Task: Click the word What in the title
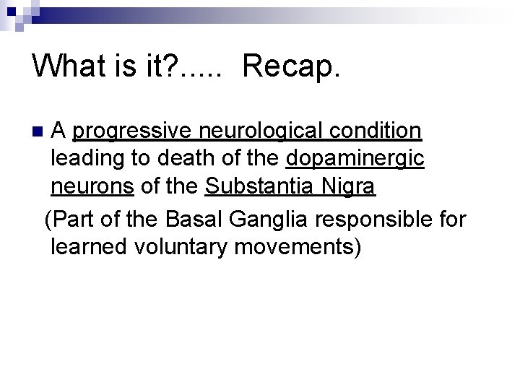click(70, 67)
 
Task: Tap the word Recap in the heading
click(286, 67)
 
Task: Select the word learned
click(90, 246)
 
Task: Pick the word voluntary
click(185, 246)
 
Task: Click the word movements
click(300, 246)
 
